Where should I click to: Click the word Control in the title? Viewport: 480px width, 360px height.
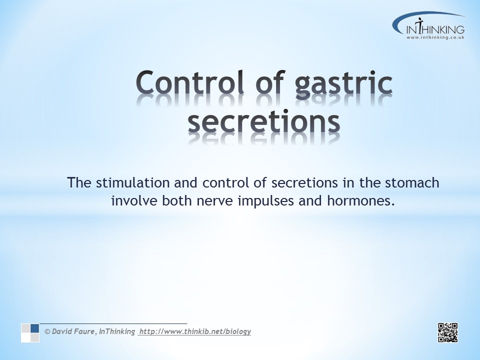pos(190,82)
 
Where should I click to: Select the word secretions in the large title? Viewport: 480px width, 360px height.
pos(264,122)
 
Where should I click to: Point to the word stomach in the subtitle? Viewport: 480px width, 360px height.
pos(412,183)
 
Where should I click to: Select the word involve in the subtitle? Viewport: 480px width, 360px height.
pos(134,201)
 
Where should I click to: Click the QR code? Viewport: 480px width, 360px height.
pos(448,332)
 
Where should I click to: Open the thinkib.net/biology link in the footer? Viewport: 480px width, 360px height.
pos(195,331)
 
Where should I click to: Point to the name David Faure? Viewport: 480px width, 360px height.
pos(73,331)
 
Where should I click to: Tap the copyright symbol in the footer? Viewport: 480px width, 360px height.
pos(47,331)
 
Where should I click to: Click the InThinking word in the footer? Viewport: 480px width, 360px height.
pos(117,331)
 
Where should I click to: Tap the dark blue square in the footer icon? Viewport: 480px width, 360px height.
pos(35,328)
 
